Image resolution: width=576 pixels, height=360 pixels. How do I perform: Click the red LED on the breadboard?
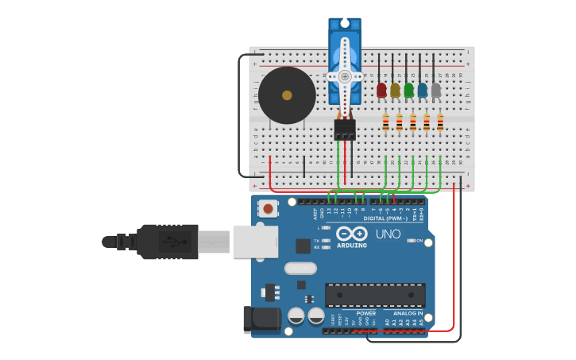pyautogui.click(x=381, y=90)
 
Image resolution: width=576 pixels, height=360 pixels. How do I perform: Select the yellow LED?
pyautogui.click(x=395, y=91)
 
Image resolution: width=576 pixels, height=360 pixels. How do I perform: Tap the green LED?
pyautogui.click(x=408, y=91)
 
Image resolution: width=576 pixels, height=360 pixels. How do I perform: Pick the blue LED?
pyautogui.click(x=422, y=91)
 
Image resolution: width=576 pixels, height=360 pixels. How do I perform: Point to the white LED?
pyautogui.click(x=435, y=91)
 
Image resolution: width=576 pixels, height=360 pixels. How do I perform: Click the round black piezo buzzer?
pyautogui.click(x=287, y=95)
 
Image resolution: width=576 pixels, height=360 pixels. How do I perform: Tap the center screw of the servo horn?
pyautogui.click(x=345, y=76)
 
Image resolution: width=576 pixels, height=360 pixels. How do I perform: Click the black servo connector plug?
pyautogui.click(x=345, y=129)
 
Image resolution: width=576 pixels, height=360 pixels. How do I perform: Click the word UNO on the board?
pyautogui.click(x=388, y=234)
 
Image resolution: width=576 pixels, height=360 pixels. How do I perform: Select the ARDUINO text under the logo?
pyautogui.click(x=351, y=246)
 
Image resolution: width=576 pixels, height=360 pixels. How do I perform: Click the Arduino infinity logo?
pyautogui.click(x=351, y=234)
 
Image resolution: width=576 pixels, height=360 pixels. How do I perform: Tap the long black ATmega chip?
pyautogui.click(x=375, y=295)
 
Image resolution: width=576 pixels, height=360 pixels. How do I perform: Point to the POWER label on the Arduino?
pyautogui.click(x=366, y=313)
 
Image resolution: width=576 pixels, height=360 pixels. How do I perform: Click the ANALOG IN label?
pyautogui.click(x=408, y=313)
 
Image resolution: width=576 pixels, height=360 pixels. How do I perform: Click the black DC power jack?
pyautogui.click(x=262, y=319)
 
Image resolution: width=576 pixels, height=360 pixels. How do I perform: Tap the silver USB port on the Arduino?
pyautogui.click(x=255, y=242)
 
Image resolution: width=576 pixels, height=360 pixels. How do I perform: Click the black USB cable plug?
pyautogui.click(x=167, y=242)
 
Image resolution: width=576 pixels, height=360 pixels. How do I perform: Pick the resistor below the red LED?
pyautogui.click(x=386, y=123)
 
